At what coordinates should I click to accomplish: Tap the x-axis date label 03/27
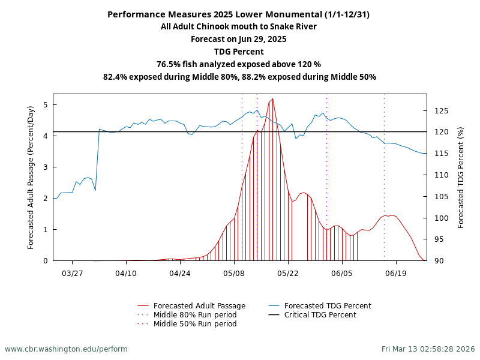tap(72, 272)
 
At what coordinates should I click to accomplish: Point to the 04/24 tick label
tap(180, 272)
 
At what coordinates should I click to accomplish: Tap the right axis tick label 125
tap(441, 111)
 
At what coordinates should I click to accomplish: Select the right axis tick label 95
tap(439, 239)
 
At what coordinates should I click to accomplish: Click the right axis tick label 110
tap(441, 175)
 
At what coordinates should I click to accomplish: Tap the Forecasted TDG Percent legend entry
tap(328, 306)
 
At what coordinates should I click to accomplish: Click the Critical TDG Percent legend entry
tap(320, 315)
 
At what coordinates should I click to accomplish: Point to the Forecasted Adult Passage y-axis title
tap(31, 177)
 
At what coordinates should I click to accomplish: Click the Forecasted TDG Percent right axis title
tap(461, 177)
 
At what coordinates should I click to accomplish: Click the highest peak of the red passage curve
tap(272, 99)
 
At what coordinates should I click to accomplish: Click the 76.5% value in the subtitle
tap(168, 64)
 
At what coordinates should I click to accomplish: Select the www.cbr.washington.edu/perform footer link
tap(66, 349)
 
